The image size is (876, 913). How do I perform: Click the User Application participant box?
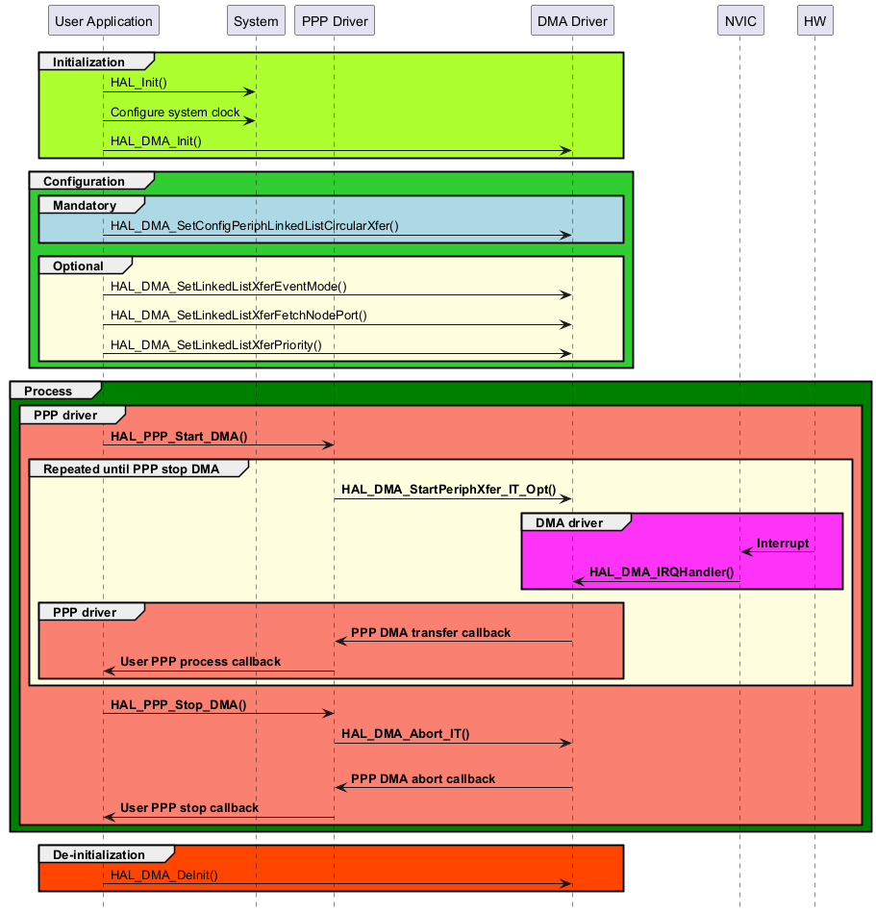point(103,21)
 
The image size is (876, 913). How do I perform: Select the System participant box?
point(256,21)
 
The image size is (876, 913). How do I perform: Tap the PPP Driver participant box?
point(334,21)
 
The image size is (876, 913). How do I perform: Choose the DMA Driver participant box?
point(572,21)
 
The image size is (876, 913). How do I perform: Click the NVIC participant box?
point(739,21)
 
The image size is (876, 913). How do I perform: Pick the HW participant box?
point(814,21)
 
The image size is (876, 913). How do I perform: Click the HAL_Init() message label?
point(138,83)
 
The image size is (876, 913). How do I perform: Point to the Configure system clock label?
point(175,113)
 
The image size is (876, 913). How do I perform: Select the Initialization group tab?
point(88,63)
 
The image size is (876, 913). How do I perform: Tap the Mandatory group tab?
point(85,205)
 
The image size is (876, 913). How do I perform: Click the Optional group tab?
point(78,266)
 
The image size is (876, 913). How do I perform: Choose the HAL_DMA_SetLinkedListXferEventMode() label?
point(229,286)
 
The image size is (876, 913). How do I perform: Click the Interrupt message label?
point(783,544)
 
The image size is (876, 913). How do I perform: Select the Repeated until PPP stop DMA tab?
point(131,469)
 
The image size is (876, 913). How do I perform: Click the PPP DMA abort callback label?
point(423,778)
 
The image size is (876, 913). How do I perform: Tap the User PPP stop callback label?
point(189,808)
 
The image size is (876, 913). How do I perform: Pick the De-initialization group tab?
point(99,854)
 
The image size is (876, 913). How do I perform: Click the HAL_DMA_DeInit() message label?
point(164,875)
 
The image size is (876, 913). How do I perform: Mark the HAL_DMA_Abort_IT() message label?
point(405,733)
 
